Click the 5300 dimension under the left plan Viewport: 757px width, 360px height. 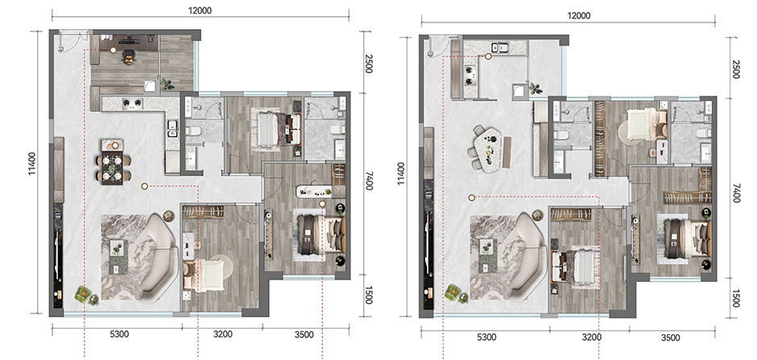click(119, 334)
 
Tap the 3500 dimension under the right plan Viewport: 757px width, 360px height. click(671, 337)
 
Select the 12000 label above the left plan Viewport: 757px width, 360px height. click(201, 10)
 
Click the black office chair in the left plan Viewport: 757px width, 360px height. click(129, 57)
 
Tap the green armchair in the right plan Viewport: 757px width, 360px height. click(453, 292)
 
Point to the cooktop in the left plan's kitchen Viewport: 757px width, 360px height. click(132, 102)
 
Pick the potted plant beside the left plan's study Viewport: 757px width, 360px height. click(168, 85)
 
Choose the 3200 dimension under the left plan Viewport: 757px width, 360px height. click(222, 334)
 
